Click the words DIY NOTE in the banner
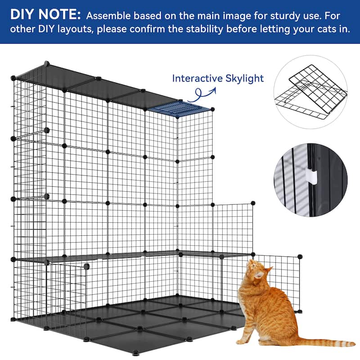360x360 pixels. tap(45, 15)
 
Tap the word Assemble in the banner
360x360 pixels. tap(106, 16)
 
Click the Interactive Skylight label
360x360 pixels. tap(217, 78)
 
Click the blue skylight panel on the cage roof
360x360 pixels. tap(180, 109)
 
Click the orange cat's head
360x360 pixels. tap(256, 270)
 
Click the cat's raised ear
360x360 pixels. tap(268, 270)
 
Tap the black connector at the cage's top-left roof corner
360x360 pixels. tap(46, 63)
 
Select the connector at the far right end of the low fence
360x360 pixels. tap(300, 257)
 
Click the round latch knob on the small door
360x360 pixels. tap(85, 267)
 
